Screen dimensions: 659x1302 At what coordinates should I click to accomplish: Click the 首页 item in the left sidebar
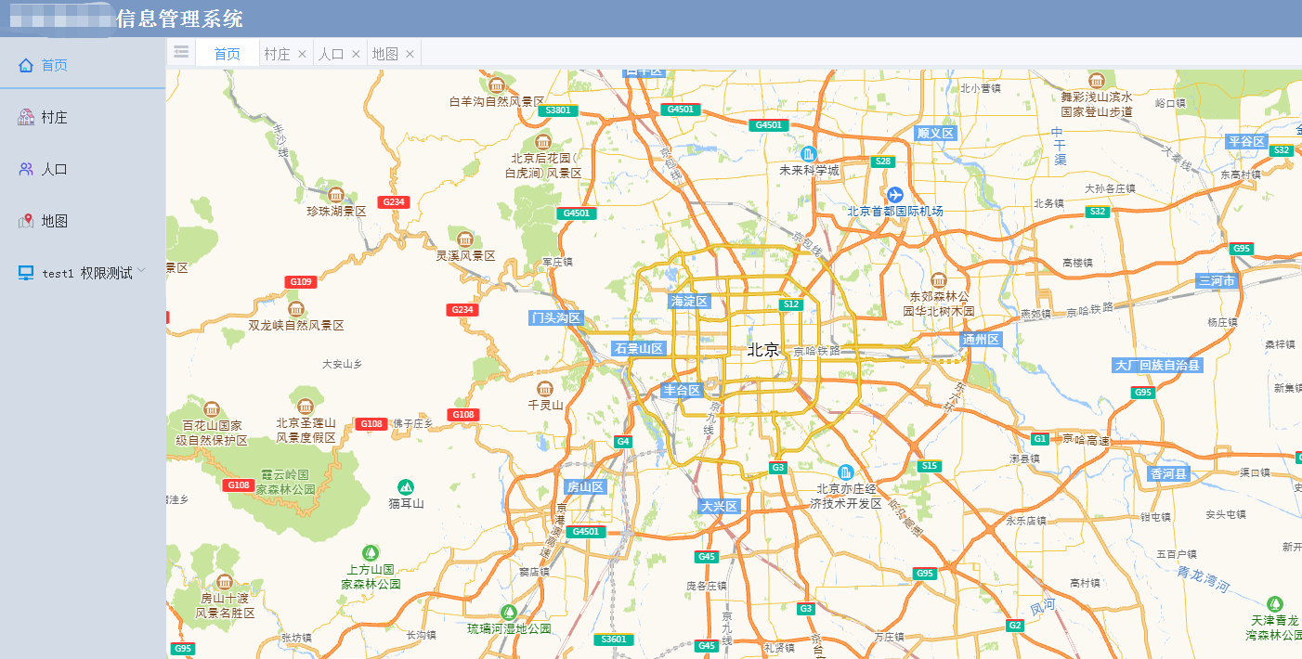click(x=54, y=65)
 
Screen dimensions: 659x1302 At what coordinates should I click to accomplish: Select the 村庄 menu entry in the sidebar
click(x=54, y=117)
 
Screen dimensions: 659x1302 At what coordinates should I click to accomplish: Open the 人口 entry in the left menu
click(x=54, y=169)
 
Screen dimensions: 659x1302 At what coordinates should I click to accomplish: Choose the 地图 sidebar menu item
click(x=54, y=221)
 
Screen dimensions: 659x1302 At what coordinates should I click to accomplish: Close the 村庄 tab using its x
click(x=302, y=54)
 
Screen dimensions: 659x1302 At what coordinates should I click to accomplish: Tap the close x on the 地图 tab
click(x=410, y=54)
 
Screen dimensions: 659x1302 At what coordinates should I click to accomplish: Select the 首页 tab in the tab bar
click(x=228, y=54)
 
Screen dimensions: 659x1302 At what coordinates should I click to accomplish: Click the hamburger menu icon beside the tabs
click(x=181, y=52)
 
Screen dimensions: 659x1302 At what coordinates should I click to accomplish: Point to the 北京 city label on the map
click(x=763, y=350)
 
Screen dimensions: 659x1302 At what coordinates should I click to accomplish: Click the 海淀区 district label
click(x=689, y=301)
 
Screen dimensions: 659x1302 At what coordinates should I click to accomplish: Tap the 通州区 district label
click(x=981, y=340)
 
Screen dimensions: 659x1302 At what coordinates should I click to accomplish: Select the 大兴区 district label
click(x=719, y=506)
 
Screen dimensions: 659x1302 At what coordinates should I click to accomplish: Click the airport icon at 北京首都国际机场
click(x=894, y=194)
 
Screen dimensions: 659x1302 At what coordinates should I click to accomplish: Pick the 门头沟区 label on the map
click(x=555, y=317)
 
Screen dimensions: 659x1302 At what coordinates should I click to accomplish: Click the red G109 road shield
click(x=301, y=281)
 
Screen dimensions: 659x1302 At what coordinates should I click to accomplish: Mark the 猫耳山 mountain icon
click(x=406, y=487)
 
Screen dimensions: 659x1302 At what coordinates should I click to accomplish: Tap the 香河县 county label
click(x=1169, y=473)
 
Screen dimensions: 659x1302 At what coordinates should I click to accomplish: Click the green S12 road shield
click(x=790, y=304)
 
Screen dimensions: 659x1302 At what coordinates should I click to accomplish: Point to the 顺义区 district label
click(x=935, y=133)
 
